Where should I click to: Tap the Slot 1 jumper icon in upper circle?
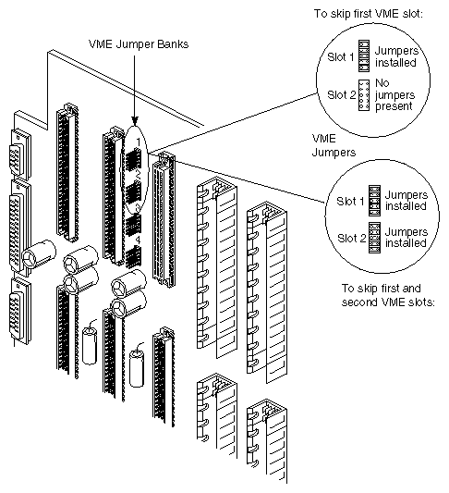click(364, 57)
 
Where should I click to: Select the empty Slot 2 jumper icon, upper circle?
click(364, 92)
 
